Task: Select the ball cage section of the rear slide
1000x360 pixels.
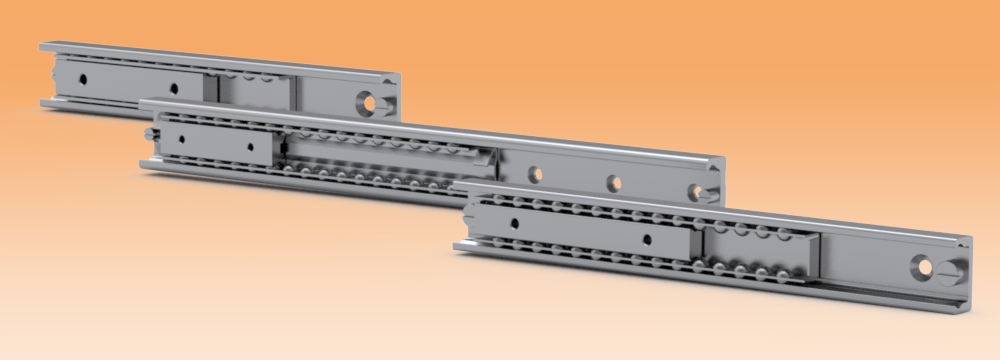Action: coord(254,86)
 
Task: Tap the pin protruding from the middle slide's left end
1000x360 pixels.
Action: coord(148,134)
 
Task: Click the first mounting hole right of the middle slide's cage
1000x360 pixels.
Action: coord(536,173)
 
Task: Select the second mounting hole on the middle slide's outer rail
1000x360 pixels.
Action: coord(614,182)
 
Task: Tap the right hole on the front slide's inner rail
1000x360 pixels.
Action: coord(649,239)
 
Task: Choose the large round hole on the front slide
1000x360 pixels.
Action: coord(922,267)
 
